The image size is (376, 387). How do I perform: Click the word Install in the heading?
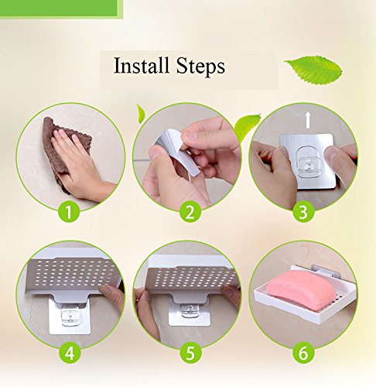tap(142, 65)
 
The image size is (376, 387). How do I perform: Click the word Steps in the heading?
tap(200, 67)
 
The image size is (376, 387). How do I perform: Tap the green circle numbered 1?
tap(69, 212)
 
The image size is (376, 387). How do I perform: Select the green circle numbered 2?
tap(190, 212)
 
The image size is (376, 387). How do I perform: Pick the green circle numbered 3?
tap(303, 212)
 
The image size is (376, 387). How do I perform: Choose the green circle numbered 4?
tap(70, 352)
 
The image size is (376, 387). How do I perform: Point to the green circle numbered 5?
tap(190, 352)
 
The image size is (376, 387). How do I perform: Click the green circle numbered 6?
tap(303, 352)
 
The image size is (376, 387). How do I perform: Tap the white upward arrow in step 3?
tap(307, 121)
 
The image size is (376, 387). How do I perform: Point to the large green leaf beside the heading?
tap(314, 70)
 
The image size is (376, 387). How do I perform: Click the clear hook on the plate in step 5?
tap(188, 310)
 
